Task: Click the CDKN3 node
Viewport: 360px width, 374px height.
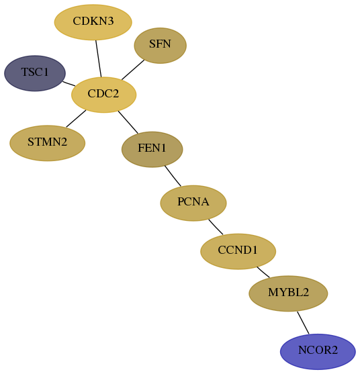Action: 93,22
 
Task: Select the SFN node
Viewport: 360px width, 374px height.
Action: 160,45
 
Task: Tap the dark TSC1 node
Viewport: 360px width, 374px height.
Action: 35,73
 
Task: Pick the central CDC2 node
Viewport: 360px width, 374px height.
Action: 104,95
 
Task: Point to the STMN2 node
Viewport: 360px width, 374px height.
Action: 47,143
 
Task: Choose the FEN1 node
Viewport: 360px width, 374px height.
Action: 152,149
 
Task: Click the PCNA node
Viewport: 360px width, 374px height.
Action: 193,203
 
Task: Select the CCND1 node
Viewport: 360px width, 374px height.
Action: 238,251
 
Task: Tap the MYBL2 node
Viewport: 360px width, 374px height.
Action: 288,293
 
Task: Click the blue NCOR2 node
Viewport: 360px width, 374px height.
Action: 318,352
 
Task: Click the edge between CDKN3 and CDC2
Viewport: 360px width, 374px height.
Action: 99,58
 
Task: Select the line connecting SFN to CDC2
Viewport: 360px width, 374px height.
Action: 133,70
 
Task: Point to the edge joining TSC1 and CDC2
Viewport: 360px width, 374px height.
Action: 69,84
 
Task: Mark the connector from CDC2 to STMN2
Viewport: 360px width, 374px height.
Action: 76,119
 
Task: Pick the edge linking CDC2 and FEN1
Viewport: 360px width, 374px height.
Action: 128,122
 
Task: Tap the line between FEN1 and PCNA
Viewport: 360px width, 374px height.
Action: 173,176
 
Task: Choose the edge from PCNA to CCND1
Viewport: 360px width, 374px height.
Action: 216,227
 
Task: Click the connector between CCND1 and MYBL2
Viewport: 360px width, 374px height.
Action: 263,272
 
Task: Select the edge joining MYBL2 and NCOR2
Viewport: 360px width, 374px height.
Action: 303,323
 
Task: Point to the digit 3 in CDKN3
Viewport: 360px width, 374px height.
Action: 110,21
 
